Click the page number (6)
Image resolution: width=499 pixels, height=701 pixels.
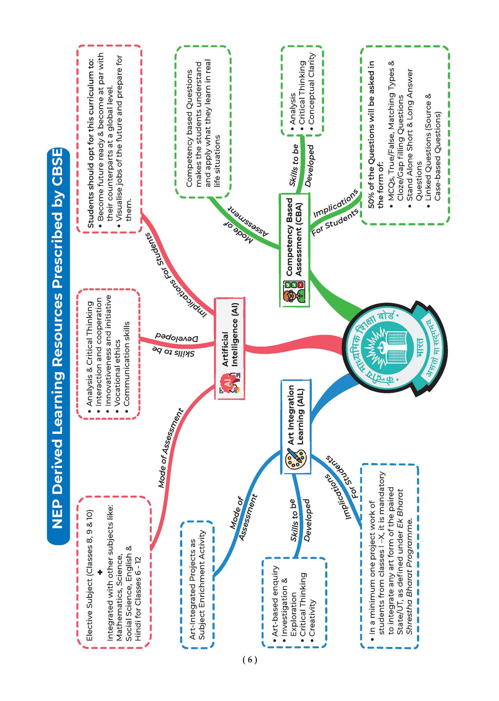tap(249, 660)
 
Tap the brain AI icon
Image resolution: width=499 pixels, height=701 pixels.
tap(230, 383)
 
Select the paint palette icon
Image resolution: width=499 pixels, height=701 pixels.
tap(296, 460)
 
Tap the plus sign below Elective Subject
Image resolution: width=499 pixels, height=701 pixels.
tap(100, 572)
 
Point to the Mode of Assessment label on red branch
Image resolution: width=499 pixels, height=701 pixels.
tap(170, 448)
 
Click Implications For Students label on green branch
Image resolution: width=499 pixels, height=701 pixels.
tap(335, 212)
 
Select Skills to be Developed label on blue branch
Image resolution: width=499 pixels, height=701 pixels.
tap(300, 520)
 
